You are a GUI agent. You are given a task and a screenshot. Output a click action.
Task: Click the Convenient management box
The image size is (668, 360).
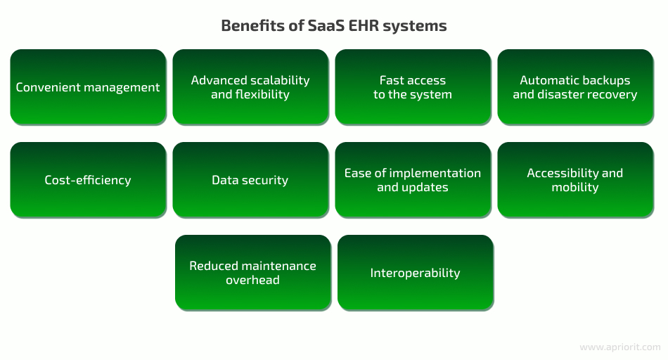pyautogui.click(x=88, y=87)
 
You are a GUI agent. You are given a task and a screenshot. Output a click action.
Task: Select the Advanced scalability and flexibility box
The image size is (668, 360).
pyautogui.click(x=250, y=87)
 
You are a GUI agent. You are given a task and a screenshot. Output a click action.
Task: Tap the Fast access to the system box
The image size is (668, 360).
pyautogui.click(x=413, y=87)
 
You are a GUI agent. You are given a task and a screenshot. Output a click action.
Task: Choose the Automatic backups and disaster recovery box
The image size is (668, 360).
pyautogui.click(x=575, y=87)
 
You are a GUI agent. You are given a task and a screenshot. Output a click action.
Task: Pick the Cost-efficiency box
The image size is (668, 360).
pyautogui.click(x=88, y=180)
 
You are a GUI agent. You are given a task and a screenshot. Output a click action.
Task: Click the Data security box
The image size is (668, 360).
pyautogui.click(x=250, y=180)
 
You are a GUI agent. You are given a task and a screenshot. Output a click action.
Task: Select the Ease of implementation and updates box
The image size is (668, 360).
pyautogui.click(x=413, y=180)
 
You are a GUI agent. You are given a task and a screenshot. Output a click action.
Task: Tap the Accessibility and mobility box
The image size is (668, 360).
pyautogui.click(x=575, y=180)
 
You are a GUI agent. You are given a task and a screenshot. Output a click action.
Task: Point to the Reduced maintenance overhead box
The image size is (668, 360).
pyautogui.click(x=253, y=273)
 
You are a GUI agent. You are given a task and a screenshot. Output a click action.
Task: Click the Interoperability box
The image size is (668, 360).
pyautogui.click(x=416, y=273)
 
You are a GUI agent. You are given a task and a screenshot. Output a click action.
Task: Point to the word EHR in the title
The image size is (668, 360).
pyautogui.click(x=364, y=25)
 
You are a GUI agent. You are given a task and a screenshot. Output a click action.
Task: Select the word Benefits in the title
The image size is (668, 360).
pyautogui.click(x=252, y=25)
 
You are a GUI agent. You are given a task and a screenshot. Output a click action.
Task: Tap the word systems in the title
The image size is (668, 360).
pyautogui.click(x=415, y=27)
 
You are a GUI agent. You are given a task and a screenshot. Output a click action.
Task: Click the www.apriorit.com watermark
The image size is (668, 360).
pyautogui.click(x=620, y=347)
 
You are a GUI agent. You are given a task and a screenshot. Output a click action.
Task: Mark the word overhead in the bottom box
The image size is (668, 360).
pyautogui.click(x=252, y=280)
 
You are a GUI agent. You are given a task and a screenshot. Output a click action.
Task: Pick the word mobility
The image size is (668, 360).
pyautogui.click(x=575, y=187)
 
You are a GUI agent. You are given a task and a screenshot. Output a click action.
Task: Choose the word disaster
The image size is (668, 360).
pyautogui.click(x=562, y=94)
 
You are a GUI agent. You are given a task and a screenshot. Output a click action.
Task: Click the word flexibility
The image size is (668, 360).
pyautogui.click(x=262, y=94)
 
